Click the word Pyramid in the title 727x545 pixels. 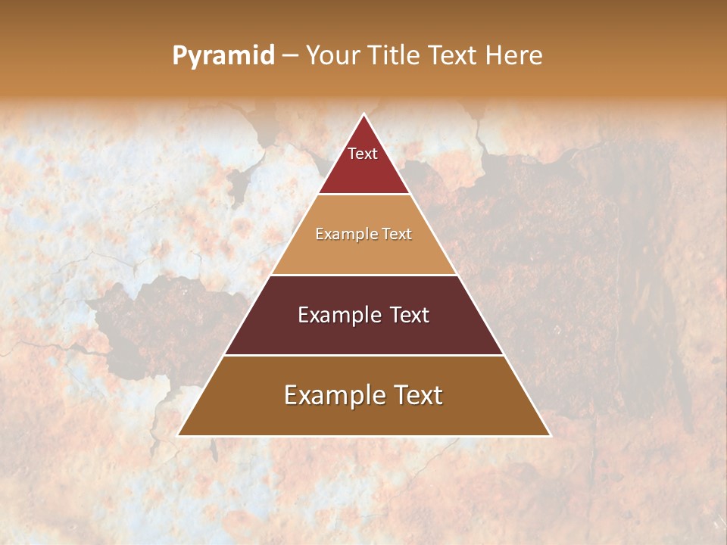pos(223,56)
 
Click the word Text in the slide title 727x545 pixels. pos(453,56)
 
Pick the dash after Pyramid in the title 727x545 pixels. pos(290,56)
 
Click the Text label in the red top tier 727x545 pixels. pos(363,154)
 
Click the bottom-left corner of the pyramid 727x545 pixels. pos(179,435)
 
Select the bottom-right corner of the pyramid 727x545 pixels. pos(550,435)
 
